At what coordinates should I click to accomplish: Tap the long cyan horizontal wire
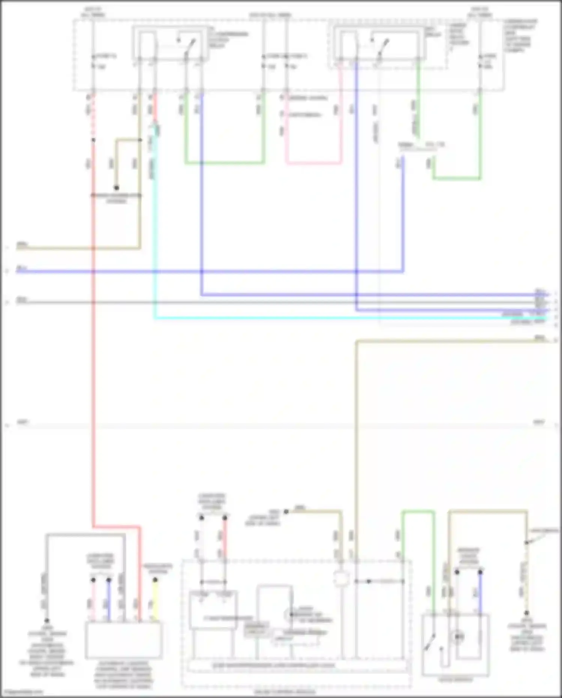click(337, 318)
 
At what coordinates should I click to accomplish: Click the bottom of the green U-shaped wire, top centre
click(225, 163)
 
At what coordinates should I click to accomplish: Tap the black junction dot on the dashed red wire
click(93, 140)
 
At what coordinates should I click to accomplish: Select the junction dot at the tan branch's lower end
click(117, 188)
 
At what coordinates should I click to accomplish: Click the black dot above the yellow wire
click(155, 580)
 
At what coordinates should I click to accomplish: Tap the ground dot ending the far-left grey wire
click(47, 621)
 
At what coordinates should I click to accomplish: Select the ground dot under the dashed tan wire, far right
click(526, 613)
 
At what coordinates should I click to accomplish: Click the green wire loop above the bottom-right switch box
click(418, 512)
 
